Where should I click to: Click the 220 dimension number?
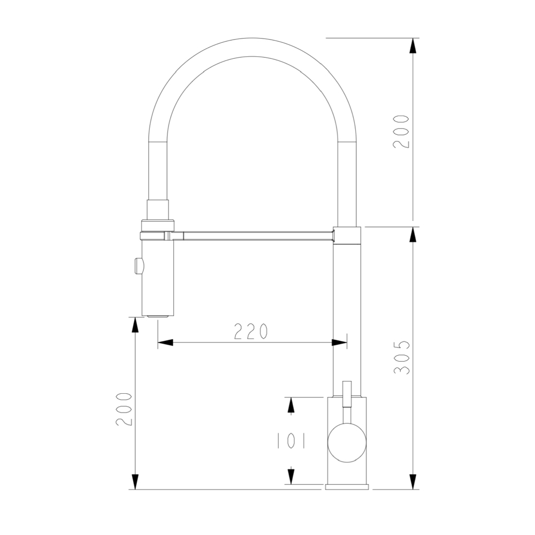coord(251,331)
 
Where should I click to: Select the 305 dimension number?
coord(402,357)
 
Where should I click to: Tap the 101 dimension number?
coord(291,441)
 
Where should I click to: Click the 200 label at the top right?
coord(401,132)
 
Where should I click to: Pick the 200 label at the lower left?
coord(124,409)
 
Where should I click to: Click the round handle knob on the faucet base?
coord(347,443)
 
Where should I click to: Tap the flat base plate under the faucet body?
coord(347,487)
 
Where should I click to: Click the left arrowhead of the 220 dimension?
coord(165,342)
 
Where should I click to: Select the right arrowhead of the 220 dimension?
coord(340,342)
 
